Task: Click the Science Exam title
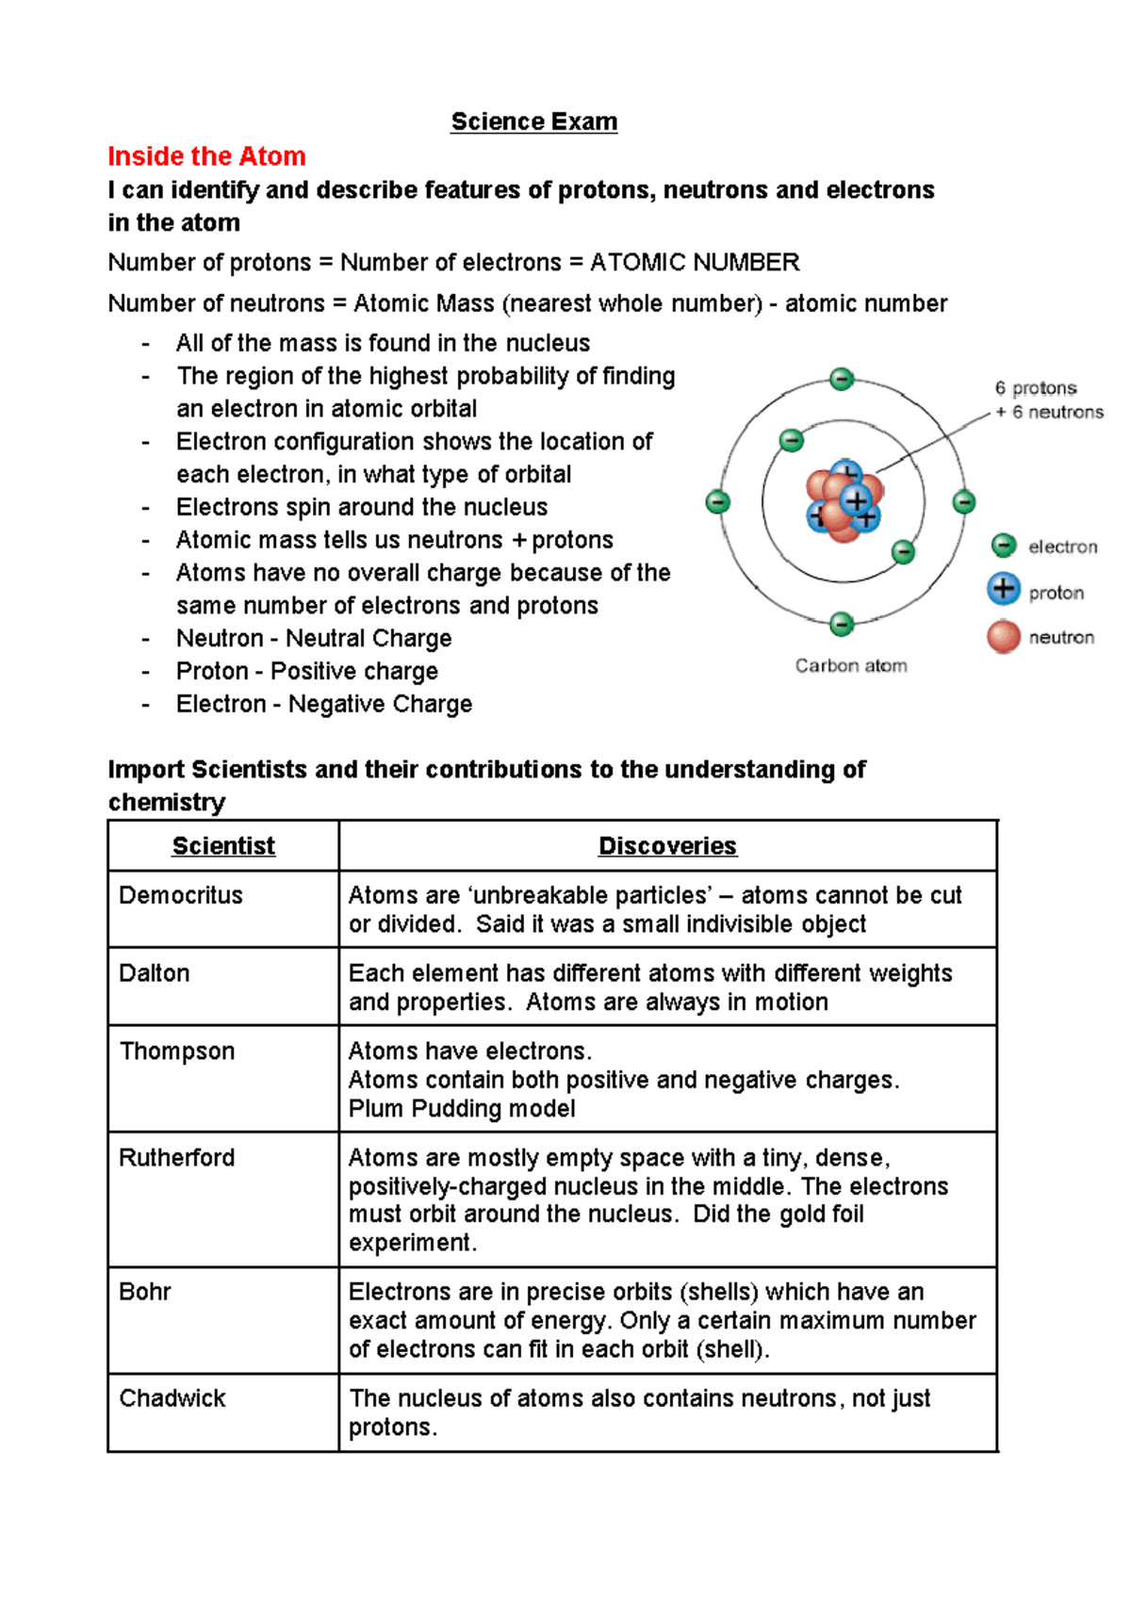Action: (533, 122)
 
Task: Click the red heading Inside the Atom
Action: (206, 156)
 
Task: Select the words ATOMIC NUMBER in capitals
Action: (695, 262)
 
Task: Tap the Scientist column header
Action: (223, 846)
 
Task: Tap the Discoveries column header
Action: (667, 846)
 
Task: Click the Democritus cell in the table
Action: (181, 895)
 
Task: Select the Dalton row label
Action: (155, 973)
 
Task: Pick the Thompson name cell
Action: (177, 1052)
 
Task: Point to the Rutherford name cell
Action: (177, 1158)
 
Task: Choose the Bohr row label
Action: (145, 1292)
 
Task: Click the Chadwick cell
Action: (172, 1398)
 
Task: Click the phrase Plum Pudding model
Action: (462, 1109)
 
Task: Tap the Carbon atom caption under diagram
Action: (851, 666)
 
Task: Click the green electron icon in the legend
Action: (1004, 546)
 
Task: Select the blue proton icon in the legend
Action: (1004, 590)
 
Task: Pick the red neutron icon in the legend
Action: (1004, 636)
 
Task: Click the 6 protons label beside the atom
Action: (1036, 388)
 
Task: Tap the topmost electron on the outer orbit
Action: (842, 379)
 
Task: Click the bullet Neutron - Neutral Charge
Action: (314, 639)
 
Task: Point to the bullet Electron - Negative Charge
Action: (324, 705)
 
